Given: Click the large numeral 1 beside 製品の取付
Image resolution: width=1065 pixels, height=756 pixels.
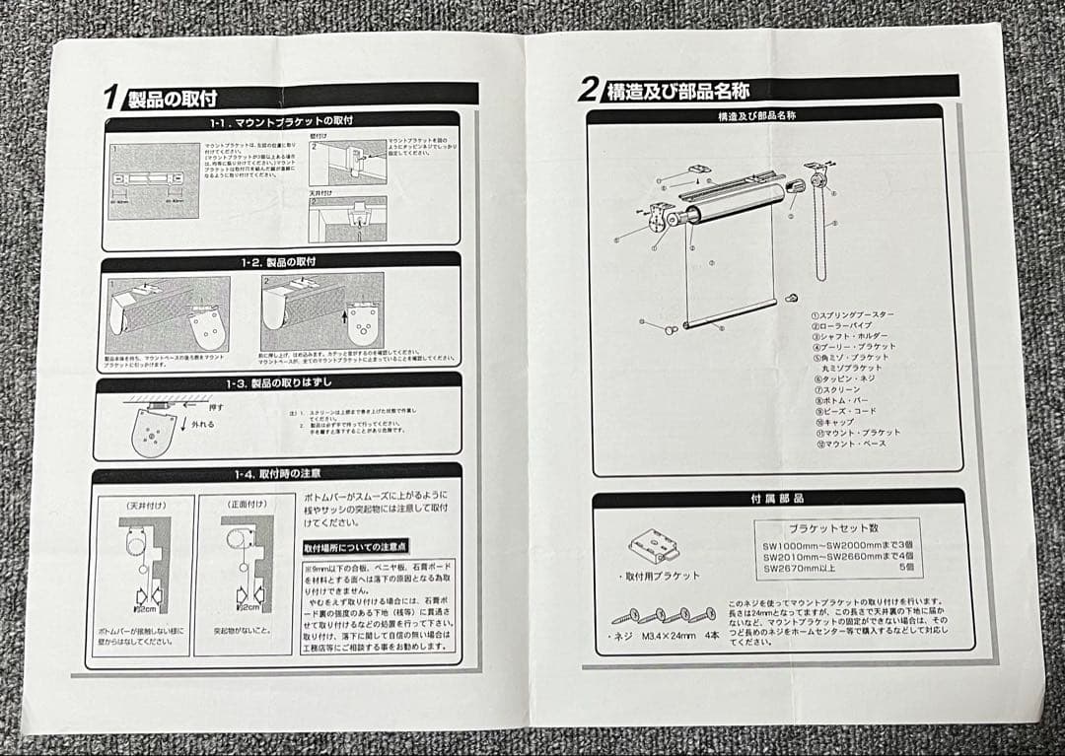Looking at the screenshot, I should [x=112, y=96].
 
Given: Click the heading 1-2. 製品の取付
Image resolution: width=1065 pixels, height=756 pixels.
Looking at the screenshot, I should [x=281, y=262].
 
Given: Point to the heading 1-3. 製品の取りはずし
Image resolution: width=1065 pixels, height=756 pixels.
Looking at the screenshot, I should [x=280, y=381].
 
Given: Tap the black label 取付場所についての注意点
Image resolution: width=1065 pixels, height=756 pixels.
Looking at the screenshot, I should [x=356, y=546].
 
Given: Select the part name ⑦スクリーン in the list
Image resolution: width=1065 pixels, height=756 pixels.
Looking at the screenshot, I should [x=839, y=389].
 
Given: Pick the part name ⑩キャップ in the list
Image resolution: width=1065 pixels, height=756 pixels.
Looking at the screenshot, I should [x=836, y=422].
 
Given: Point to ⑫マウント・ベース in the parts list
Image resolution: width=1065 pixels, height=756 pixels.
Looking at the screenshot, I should [x=852, y=444].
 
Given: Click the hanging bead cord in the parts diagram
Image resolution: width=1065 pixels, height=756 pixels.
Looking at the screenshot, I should [x=820, y=227].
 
